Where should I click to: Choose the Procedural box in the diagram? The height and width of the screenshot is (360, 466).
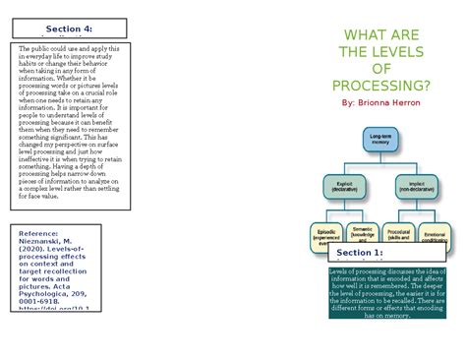(x=401, y=235)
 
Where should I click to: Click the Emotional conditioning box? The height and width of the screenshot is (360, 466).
(x=435, y=235)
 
